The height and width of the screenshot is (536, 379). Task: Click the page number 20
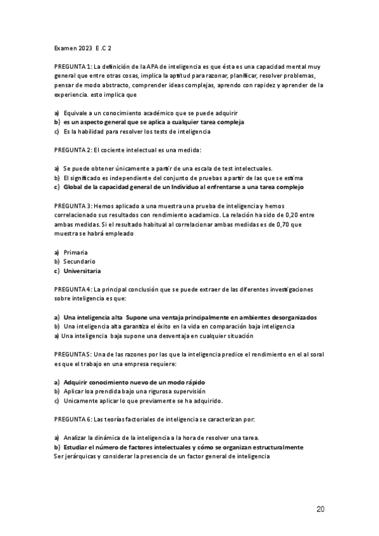click(321, 509)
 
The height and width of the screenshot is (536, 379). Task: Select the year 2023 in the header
click(84, 47)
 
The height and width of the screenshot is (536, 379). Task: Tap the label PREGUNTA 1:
click(73, 66)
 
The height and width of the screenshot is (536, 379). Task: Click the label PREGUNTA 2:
click(73, 150)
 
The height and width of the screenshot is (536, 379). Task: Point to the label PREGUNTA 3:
click(73, 206)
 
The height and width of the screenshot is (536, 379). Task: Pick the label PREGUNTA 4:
click(73, 289)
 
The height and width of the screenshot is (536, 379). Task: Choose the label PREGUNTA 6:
click(73, 419)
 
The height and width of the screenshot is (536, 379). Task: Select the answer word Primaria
click(76, 252)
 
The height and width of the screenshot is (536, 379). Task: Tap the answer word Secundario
click(79, 261)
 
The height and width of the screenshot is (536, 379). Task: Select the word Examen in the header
click(64, 47)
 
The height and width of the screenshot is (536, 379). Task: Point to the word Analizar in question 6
click(77, 437)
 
